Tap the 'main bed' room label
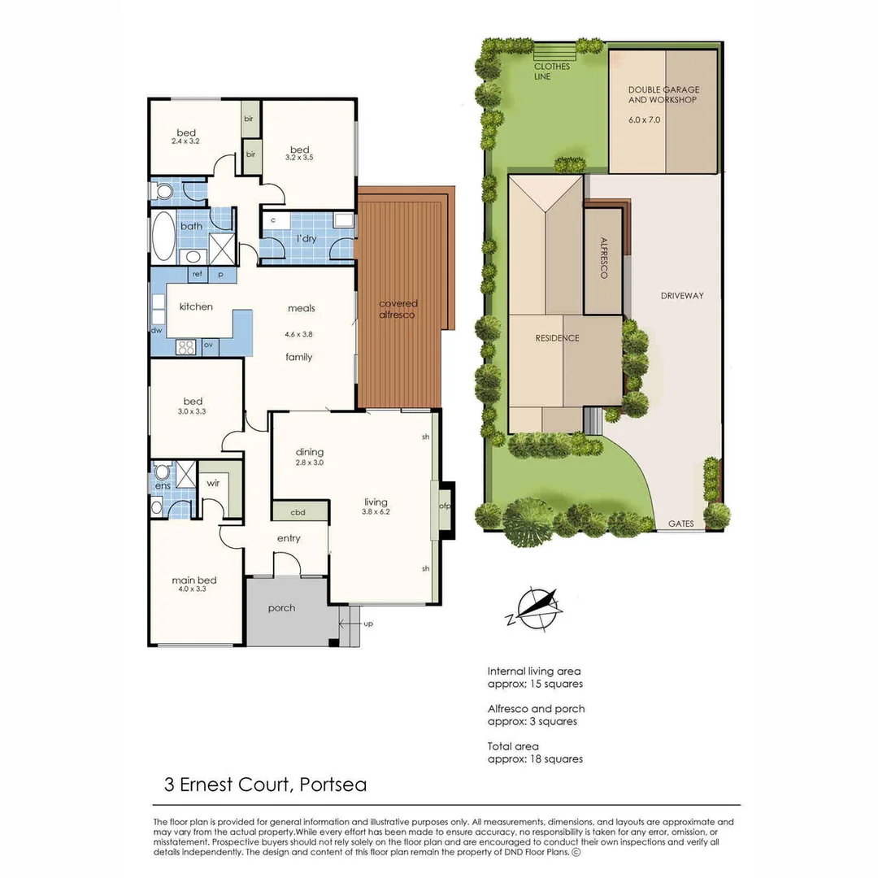[193, 580]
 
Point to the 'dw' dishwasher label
[155, 330]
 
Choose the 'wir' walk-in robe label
[213, 483]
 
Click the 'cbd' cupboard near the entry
[299, 513]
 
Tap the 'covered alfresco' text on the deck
[398, 309]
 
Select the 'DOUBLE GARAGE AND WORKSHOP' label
[663, 94]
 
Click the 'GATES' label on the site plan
[680, 524]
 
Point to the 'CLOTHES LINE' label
[552, 72]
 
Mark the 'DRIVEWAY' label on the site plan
[681, 295]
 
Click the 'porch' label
[281, 608]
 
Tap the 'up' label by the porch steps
[368, 625]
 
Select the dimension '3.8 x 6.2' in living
[376, 512]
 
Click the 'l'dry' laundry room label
[306, 238]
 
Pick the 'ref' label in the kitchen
[197, 275]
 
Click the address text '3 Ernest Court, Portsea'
[265, 785]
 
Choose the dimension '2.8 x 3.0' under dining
[309, 463]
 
